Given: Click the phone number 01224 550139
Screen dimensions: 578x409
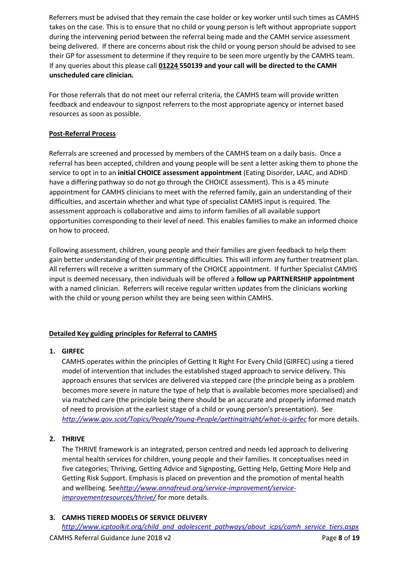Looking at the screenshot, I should coord(180,66).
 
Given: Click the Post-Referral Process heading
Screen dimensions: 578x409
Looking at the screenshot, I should coord(82,134).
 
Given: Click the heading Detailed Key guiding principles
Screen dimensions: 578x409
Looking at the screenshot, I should coord(133,334).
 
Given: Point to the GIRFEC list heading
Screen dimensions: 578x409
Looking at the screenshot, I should coord(73,351).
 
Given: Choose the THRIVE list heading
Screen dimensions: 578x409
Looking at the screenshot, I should coord(73,439).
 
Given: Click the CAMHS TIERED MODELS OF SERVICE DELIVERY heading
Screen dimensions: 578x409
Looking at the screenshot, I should coord(134,518).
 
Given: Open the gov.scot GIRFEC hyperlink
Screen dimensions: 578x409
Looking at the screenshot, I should coord(184,419).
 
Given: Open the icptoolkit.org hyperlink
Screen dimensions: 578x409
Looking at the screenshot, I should coord(210,527).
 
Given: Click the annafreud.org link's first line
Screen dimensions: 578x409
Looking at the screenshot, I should coord(208,488).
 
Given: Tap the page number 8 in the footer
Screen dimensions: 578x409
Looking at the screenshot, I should coord(340,538).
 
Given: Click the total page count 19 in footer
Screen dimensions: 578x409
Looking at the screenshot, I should coord(356,538).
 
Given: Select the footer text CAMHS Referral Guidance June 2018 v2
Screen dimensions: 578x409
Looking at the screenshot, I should coord(110,538).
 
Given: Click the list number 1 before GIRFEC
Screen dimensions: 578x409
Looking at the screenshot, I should coord(52,351).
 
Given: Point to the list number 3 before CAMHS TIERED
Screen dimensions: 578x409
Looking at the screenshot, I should coord(52,518).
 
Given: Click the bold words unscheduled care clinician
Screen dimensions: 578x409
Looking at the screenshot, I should coord(91,75).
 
